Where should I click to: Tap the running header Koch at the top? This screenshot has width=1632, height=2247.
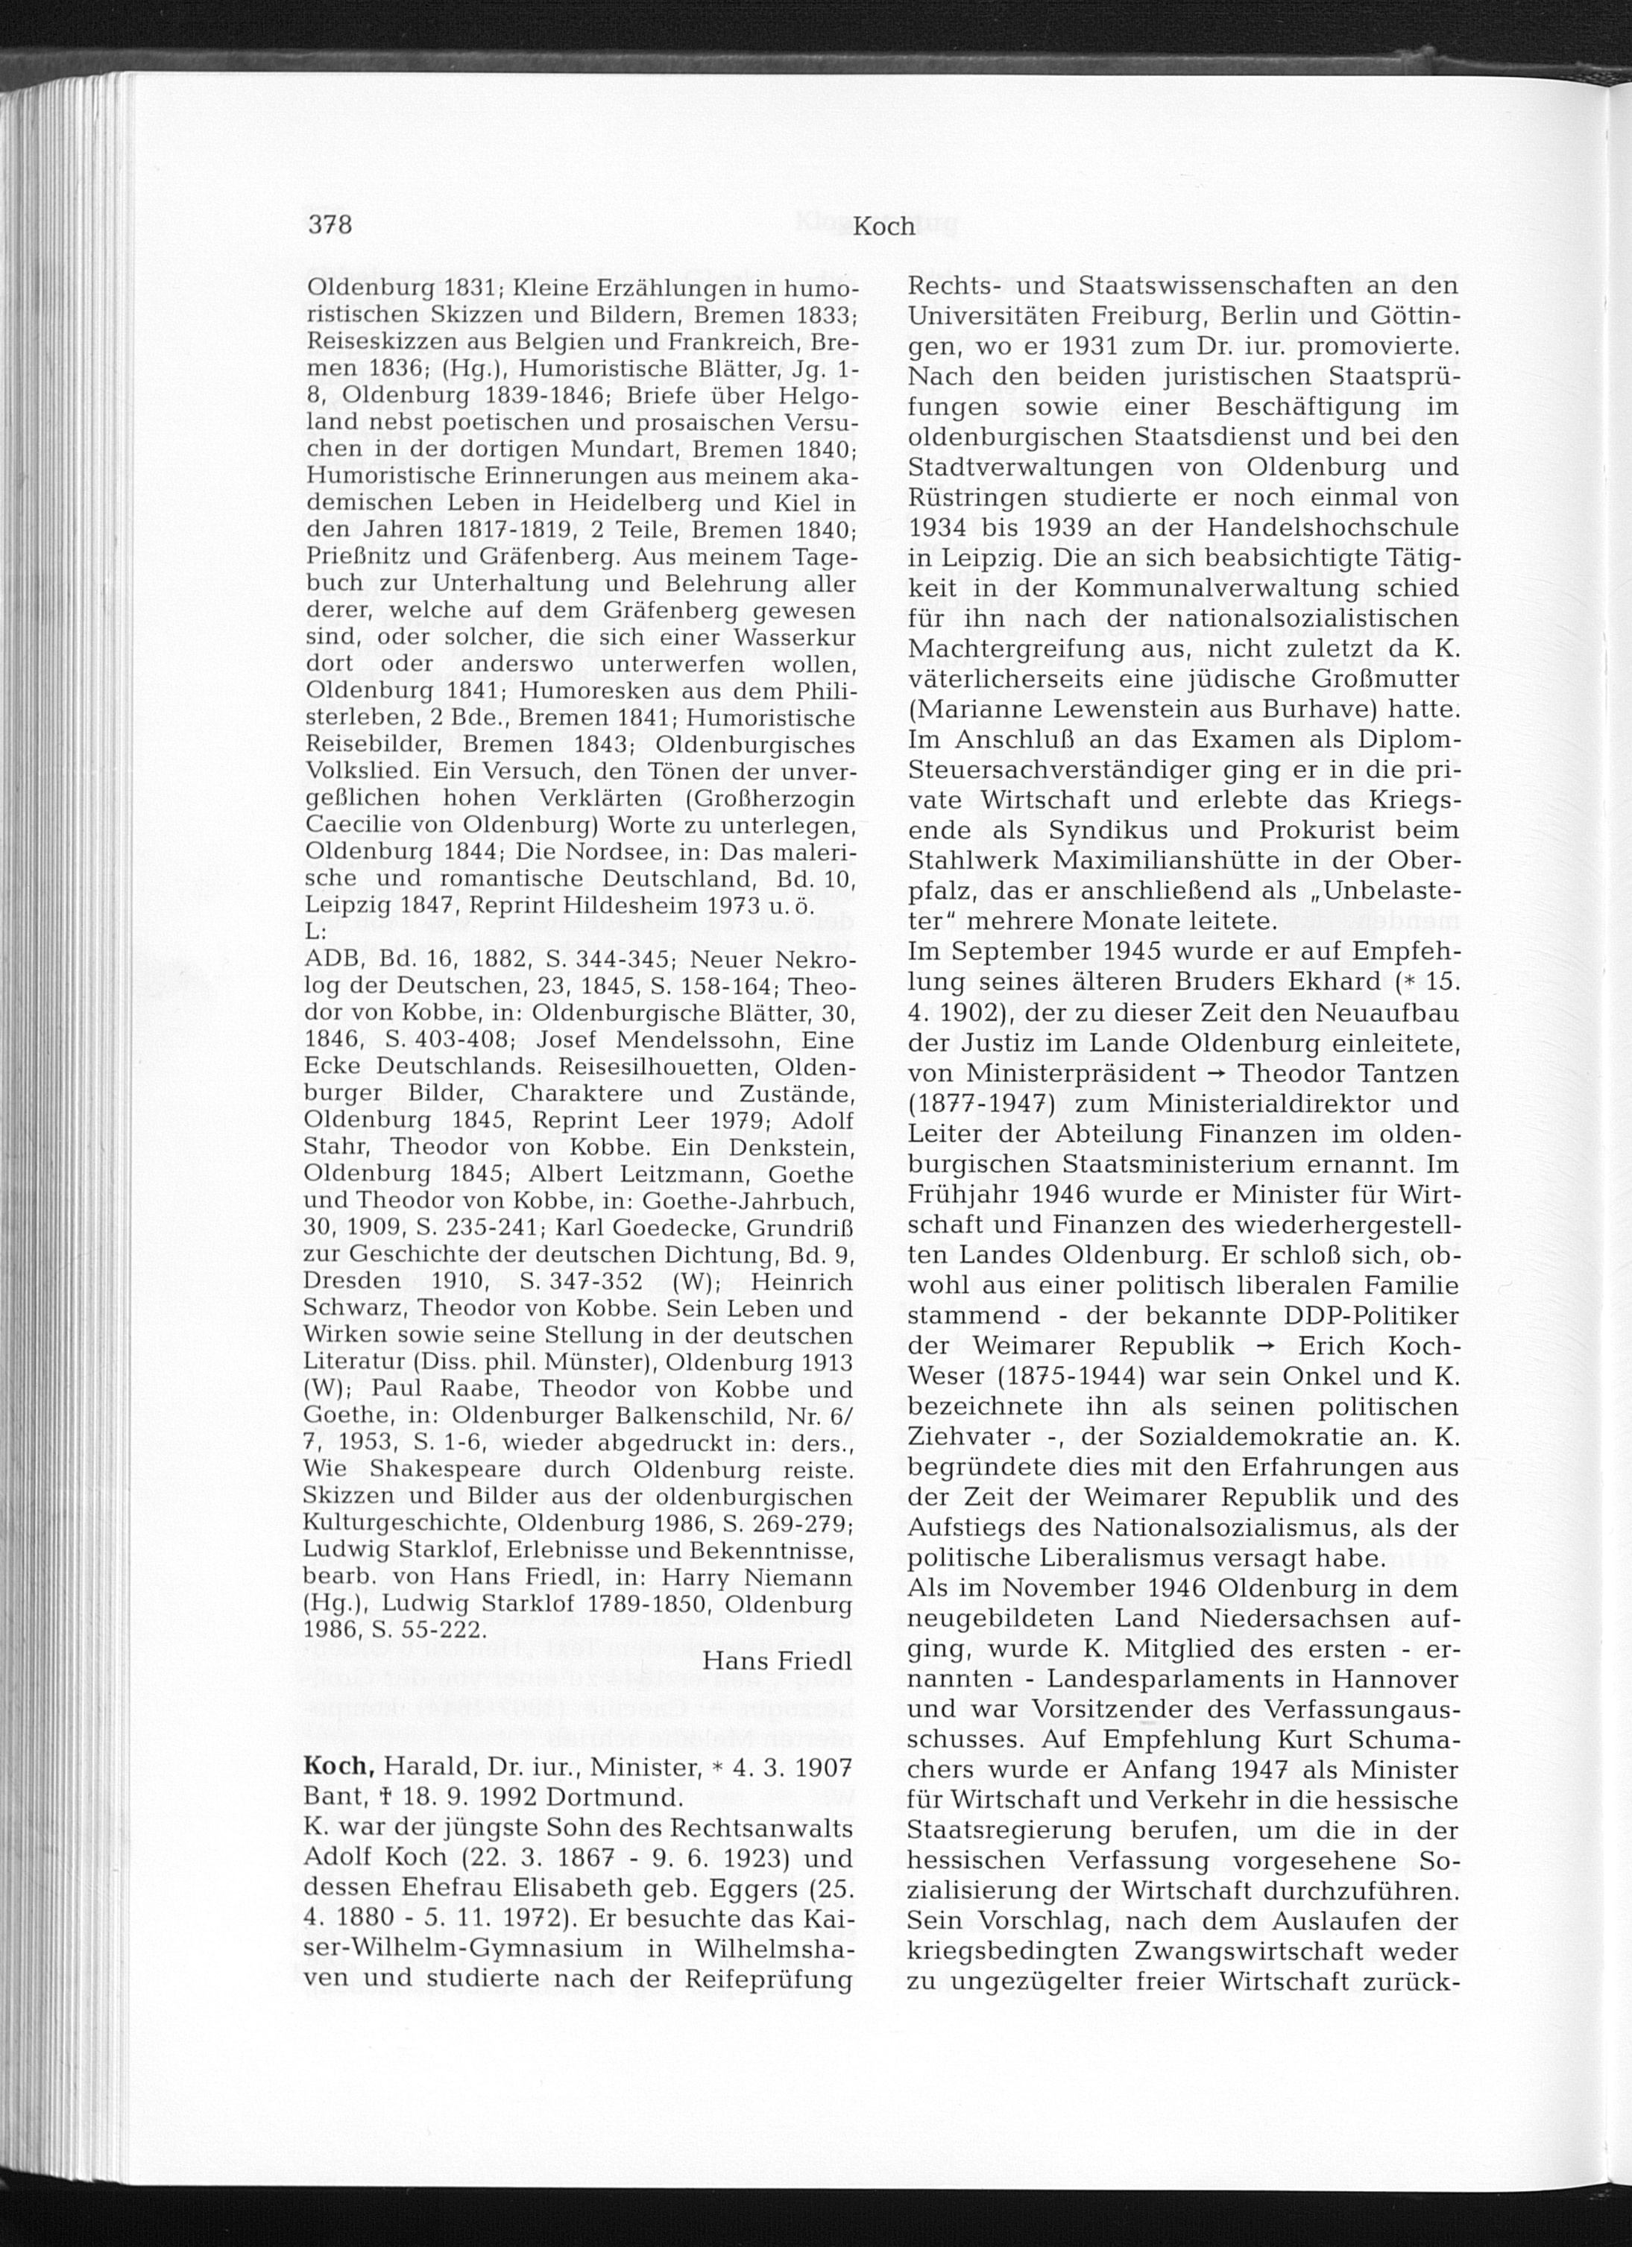point(884,227)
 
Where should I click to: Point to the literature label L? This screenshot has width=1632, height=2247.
point(316,932)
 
